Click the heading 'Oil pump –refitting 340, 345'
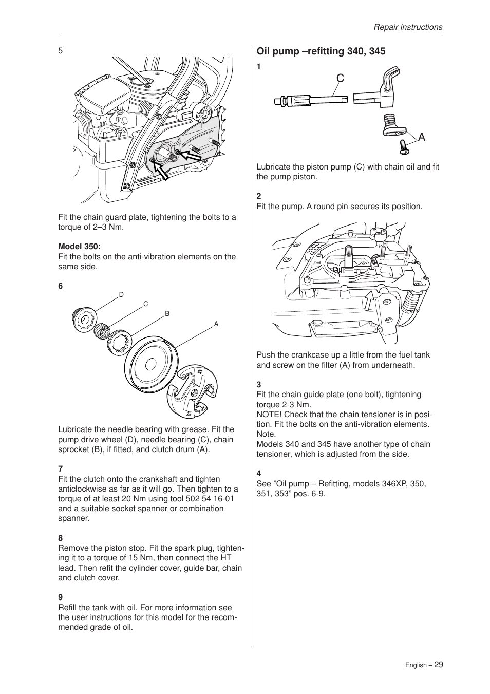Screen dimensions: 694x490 coord(321,51)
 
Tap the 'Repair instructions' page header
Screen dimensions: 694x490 coord(407,27)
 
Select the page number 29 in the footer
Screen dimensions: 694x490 coord(438,664)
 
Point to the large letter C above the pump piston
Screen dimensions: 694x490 coord(340,78)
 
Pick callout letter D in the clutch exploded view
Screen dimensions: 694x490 coord(121,295)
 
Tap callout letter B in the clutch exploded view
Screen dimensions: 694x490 coord(167,314)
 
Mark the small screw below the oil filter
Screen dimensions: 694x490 coord(404,148)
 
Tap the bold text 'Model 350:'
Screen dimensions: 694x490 coord(79,247)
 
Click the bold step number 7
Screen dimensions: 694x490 coord(60,469)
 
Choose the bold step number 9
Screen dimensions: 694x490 coord(60,597)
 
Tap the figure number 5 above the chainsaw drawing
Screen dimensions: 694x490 coord(60,50)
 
